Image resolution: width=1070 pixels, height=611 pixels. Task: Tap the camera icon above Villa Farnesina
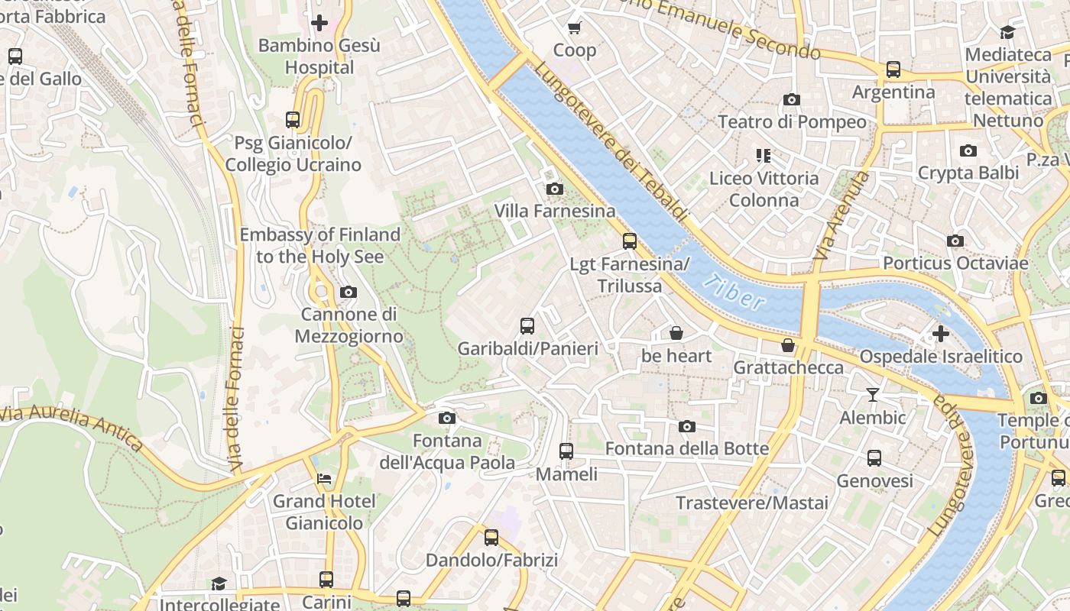click(x=555, y=189)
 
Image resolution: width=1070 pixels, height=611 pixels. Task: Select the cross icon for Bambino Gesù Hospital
click(x=319, y=23)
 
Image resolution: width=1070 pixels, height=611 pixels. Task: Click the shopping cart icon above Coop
click(x=575, y=28)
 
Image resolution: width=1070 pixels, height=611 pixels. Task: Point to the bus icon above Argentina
click(x=893, y=70)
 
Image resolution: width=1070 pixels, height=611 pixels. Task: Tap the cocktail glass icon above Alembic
click(x=872, y=395)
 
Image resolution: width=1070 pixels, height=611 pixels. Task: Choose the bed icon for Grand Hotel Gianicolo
click(x=324, y=479)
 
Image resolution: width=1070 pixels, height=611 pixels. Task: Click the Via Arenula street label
click(x=841, y=215)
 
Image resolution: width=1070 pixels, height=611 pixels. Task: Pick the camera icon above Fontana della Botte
click(x=687, y=426)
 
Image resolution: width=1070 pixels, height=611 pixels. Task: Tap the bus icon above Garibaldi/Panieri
click(x=527, y=326)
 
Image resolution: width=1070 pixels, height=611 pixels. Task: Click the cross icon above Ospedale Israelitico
click(x=941, y=334)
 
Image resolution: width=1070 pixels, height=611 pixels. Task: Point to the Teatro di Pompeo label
click(x=792, y=122)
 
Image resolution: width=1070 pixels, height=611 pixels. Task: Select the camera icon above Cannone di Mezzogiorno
click(x=349, y=292)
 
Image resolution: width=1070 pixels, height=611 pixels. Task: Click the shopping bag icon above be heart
click(x=676, y=333)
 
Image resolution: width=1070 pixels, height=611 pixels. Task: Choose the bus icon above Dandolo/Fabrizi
click(x=491, y=538)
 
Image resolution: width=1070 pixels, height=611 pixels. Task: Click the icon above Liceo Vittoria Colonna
click(x=763, y=156)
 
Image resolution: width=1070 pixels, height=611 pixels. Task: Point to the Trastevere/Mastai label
click(x=752, y=503)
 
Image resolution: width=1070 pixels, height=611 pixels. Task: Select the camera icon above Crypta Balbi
click(x=968, y=150)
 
